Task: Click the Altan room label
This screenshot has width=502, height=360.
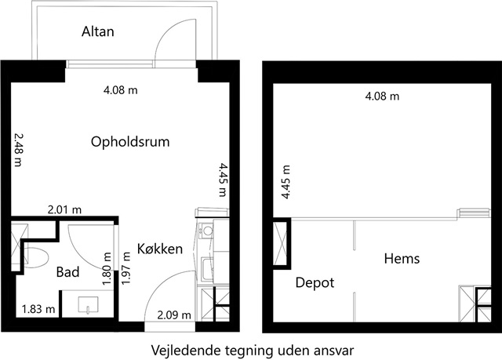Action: click(97, 31)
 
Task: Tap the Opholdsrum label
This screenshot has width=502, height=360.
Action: click(130, 142)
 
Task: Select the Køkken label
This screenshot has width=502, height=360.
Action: click(160, 249)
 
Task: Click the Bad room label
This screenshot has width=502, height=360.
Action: click(68, 272)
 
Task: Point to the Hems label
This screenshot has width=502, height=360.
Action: click(402, 258)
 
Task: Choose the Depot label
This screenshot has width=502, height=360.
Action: click(315, 282)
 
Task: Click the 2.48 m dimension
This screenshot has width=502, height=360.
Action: click(19, 150)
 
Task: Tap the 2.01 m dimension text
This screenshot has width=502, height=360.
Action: click(64, 210)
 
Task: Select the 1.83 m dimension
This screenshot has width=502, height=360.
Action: click(38, 309)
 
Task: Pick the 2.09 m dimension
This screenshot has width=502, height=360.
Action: click(174, 315)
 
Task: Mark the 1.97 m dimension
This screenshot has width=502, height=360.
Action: click(126, 268)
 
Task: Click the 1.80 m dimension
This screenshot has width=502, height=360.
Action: click(107, 269)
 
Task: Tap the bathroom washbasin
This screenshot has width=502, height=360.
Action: click(88, 304)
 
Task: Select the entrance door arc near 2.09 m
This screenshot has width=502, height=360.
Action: click(159, 285)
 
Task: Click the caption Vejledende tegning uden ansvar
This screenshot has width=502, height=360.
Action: click(253, 350)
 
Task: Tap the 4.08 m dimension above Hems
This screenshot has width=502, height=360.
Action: click(382, 96)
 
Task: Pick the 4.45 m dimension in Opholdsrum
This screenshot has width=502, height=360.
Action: click(223, 180)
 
